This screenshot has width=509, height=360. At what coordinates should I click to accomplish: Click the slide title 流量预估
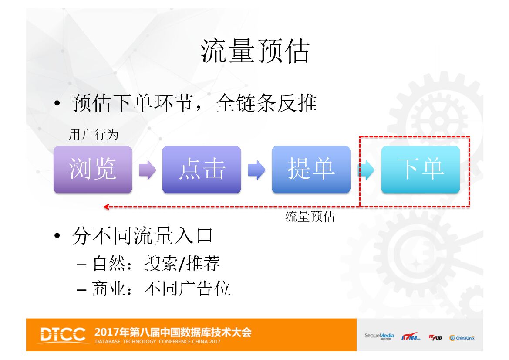point(255,51)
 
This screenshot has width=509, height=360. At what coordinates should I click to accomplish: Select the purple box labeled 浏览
point(93,169)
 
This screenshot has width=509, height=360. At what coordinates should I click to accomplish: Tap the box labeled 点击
point(202,169)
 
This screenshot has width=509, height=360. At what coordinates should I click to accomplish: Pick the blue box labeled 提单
point(311,169)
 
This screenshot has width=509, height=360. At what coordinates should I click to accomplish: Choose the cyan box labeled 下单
point(420,169)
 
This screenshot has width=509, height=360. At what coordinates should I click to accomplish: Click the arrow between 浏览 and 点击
point(147,170)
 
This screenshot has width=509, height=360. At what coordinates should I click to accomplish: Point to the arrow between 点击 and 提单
point(256,170)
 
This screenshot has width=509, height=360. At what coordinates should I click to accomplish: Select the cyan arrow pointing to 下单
point(366,170)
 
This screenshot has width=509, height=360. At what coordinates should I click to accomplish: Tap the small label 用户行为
point(94,135)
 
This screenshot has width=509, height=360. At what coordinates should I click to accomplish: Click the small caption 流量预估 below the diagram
point(310,217)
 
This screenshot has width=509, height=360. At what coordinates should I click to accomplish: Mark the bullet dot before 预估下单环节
point(57,104)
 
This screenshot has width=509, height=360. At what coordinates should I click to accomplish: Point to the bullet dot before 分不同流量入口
point(57,237)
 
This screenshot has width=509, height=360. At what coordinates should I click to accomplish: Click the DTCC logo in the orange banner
point(63,335)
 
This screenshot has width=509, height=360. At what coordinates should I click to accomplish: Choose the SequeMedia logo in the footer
point(379,336)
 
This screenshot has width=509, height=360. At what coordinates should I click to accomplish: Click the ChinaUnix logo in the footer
point(462,337)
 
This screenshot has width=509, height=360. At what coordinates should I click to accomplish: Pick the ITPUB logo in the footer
point(435,337)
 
